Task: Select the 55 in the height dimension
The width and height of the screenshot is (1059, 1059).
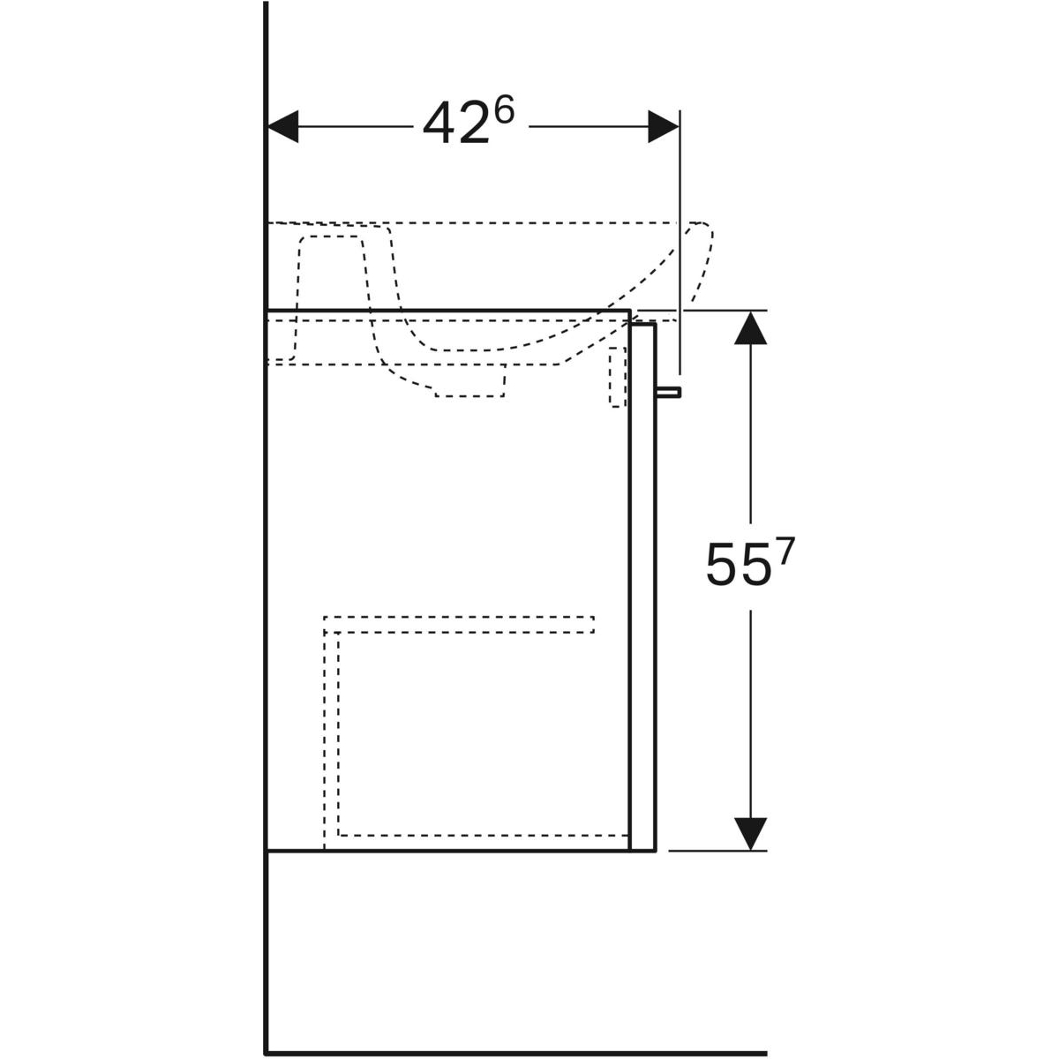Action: click(735, 566)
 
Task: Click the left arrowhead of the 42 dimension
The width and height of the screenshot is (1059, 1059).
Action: click(283, 126)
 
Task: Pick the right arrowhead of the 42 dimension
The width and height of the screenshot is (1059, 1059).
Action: click(664, 126)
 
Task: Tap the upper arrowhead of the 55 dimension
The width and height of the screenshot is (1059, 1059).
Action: click(750, 327)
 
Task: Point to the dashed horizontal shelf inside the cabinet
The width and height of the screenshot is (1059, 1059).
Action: click(459, 625)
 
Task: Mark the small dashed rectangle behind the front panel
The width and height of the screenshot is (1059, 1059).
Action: click(618, 378)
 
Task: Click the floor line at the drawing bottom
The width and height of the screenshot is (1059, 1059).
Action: click(516, 1053)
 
